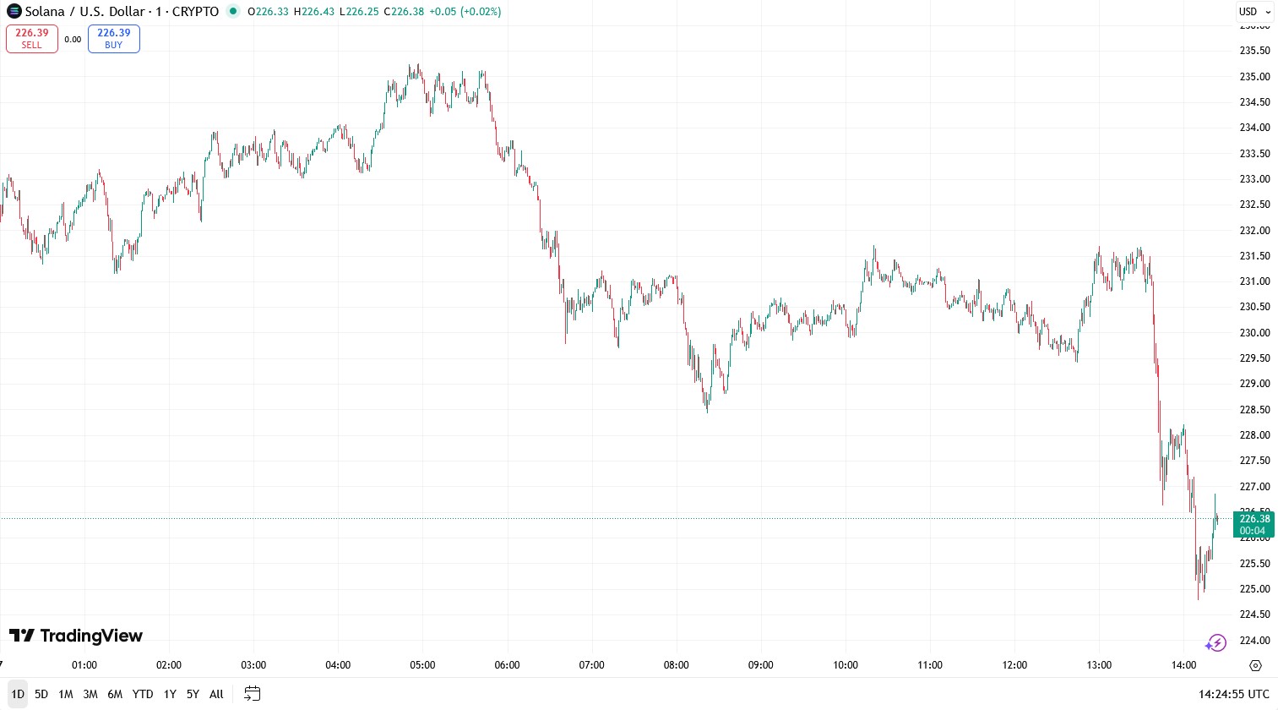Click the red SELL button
tap(32, 39)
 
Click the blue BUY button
tap(114, 39)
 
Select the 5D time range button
tap(41, 694)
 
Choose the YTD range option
tap(143, 694)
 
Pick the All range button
tap(216, 694)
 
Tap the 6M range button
tap(115, 694)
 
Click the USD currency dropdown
tap(1254, 12)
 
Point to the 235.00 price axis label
tap(1254, 77)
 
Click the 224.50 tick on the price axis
tap(1254, 614)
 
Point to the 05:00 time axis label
tap(422, 665)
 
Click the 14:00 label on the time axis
tap(1183, 665)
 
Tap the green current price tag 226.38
tap(1254, 524)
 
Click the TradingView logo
tap(76, 636)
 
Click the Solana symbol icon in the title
tap(14, 12)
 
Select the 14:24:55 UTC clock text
tap(1233, 694)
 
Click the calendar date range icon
tap(252, 694)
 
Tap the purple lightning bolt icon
tap(1215, 643)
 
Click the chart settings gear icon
tap(1255, 665)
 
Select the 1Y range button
tap(170, 694)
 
